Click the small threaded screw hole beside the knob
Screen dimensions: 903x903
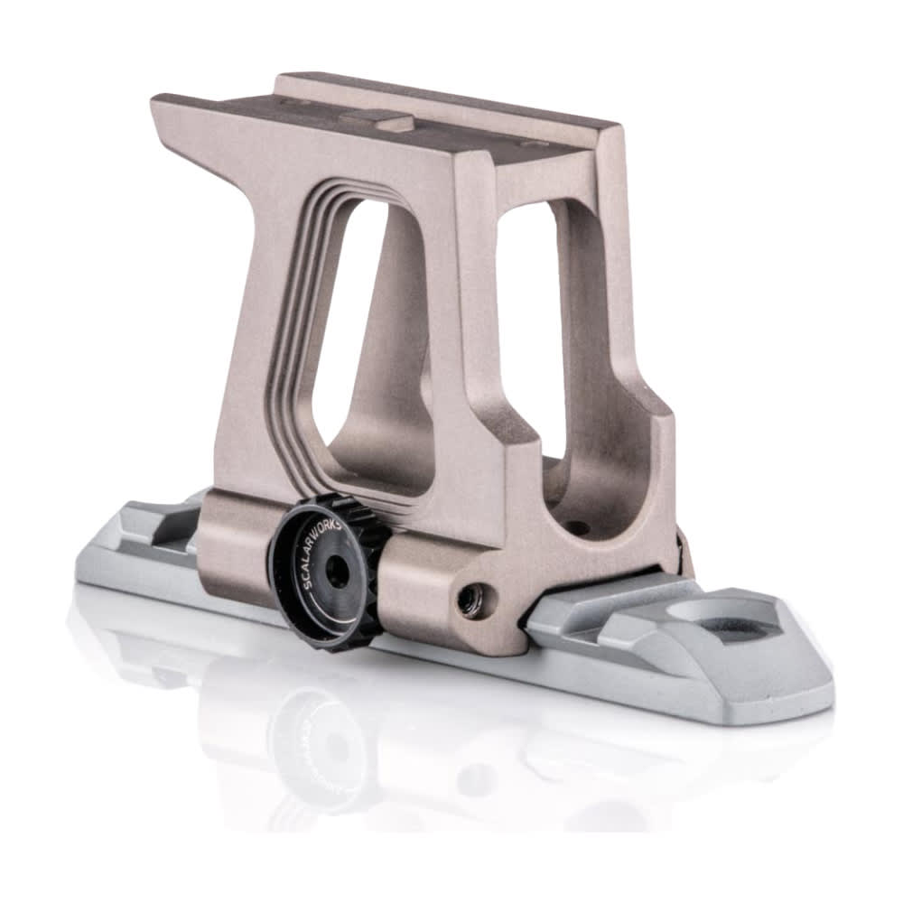coord(470,600)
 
